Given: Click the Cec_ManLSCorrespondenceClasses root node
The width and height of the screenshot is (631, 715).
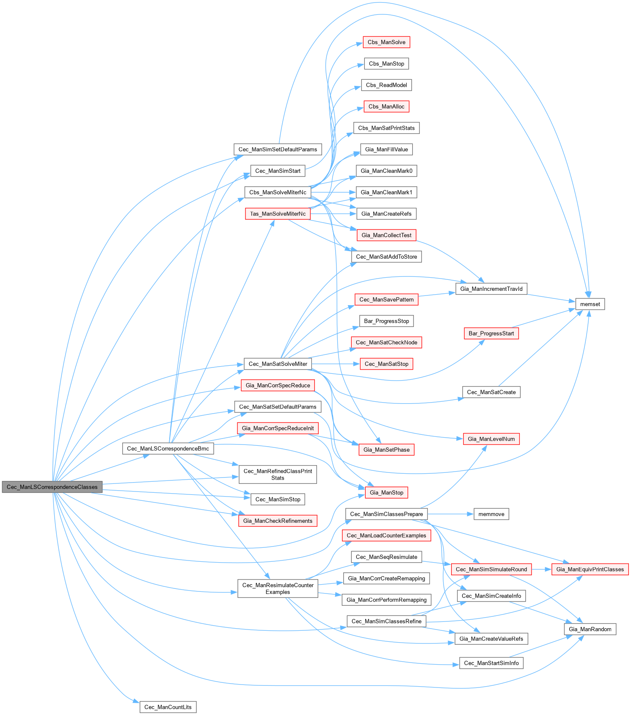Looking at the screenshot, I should (x=52, y=487).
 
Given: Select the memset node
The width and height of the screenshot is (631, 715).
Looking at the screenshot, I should (x=590, y=304).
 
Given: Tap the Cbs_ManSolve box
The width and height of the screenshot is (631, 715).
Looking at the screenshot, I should (x=386, y=42).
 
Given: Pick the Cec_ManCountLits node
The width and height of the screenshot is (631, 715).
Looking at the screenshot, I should (x=168, y=707).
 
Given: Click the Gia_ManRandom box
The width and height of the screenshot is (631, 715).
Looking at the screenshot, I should (x=590, y=629).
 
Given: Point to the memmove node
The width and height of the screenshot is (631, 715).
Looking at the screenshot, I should (x=491, y=514).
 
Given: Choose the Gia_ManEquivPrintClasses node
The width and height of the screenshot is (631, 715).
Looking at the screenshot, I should (x=590, y=569).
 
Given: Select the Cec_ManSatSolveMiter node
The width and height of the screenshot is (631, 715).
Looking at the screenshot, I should (x=278, y=364).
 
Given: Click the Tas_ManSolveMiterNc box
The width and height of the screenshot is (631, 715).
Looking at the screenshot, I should (x=278, y=214).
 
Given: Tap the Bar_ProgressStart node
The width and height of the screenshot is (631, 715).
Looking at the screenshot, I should (x=491, y=334).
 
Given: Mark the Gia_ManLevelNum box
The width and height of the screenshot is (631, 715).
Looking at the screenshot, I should (x=491, y=439).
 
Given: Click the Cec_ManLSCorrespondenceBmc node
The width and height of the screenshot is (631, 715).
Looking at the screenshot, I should (x=168, y=449).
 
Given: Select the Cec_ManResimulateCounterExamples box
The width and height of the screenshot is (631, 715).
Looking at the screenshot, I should (x=278, y=588).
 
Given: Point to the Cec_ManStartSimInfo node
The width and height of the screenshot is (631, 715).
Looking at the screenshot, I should (x=491, y=663).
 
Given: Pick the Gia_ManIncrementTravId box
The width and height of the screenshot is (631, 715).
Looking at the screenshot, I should (x=491, y=289).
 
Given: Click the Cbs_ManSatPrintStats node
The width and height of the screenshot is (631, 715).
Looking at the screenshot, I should (x=386, y=128).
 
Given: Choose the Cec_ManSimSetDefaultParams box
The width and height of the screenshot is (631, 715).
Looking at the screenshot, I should (x=278, y=149).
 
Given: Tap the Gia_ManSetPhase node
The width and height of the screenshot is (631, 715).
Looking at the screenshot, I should (x=386, y=450).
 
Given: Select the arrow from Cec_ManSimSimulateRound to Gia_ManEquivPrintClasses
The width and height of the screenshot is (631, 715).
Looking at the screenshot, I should (x=542, y=569).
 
